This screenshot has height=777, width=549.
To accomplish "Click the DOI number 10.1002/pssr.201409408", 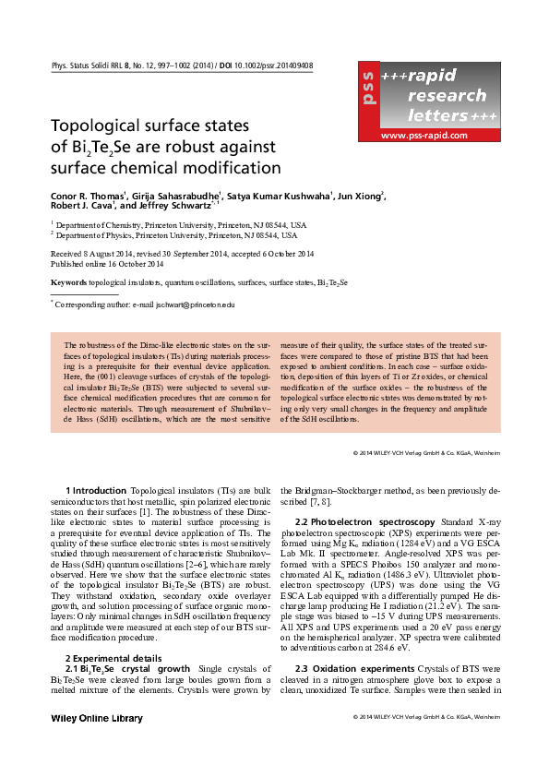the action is pos(269,66).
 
